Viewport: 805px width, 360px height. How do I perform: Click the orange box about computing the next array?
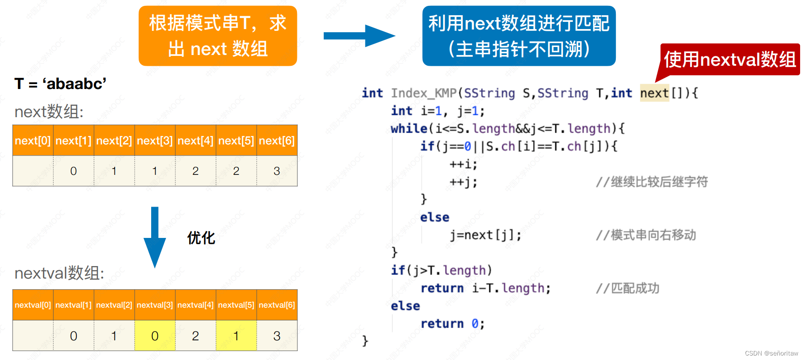(x=218, y=36)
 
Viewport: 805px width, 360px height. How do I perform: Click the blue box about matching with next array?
(x=519, y=36)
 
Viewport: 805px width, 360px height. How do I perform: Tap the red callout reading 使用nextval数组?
(x=730, y=59)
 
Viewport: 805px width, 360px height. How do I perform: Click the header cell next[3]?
(x=155, y=141)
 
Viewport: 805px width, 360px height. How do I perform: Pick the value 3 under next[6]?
(x=277, y=171)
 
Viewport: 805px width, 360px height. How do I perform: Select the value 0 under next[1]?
(x=73, y=171)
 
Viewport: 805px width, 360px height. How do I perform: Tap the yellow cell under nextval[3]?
(x=155, y=336)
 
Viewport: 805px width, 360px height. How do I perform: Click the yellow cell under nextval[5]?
(x=236, y=336)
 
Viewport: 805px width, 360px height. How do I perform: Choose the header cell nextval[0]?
(x=33, y=305)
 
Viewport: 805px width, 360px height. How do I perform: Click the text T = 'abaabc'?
(x=60, y=84)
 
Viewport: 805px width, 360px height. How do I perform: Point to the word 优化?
(x=201, y=238)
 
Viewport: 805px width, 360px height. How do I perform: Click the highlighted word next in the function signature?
(x=654, y=93)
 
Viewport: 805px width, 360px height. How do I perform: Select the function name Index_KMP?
(x=424, y=93)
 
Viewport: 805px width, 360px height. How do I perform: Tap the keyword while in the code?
(x=409, y=129)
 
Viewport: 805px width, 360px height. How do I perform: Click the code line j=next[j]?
(x=485, y=235)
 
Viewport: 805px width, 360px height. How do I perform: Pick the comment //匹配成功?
(x=627, y=288)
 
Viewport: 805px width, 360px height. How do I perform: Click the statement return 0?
(x=452, y=324)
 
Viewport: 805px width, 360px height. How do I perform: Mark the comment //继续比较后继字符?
(x=652, y=182)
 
